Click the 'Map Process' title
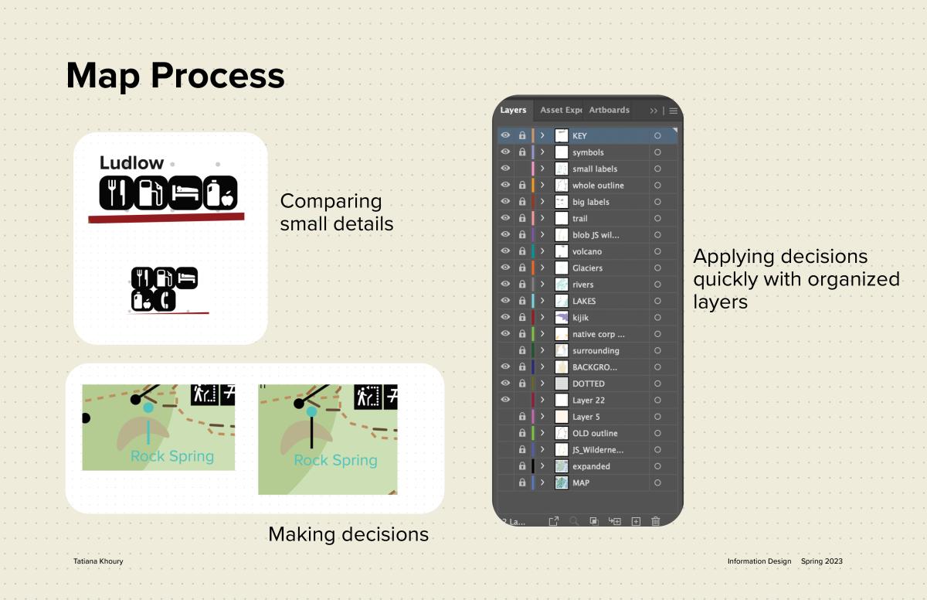[175, 77]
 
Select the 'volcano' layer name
[587, 251]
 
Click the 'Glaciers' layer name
[587, 268]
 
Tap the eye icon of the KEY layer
[505, 135]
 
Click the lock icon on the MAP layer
[522, 482]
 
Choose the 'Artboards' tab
[609, 110]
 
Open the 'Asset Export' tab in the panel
[561, 110]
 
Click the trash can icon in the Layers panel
[656, 521]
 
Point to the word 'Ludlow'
[131, 162]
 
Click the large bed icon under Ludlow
[185, 193]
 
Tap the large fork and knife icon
[117, 193]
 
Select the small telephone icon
[165, 300]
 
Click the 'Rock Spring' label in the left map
[172, 456]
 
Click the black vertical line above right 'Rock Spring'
[311, 433]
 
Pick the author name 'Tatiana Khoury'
[98, 561]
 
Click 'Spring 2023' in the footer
[821, 561]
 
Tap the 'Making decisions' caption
[348, 534]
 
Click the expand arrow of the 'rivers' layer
[542, 284]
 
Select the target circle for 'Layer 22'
[657, 400]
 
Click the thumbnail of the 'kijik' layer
[561, 317]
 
